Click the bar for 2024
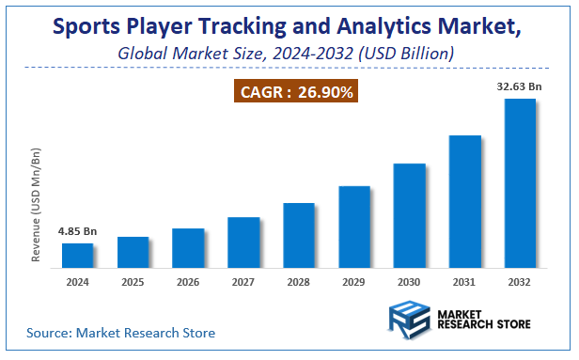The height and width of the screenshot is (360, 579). pyautogui.click(x=78, y=256)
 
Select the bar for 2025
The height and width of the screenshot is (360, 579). pyautogui.click(x=133, y=252)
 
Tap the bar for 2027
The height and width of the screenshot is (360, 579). pyautogui.click(x=243, y=243)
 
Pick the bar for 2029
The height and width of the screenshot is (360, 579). pyautogui.click(x=353, y=227)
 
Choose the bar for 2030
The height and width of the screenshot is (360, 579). pyautogui.click(x=409, y=215)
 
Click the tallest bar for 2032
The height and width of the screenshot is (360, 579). pyautogui.click(x=520, y=183)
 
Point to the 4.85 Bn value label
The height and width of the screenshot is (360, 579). pyautogui.click(x=78, y=230)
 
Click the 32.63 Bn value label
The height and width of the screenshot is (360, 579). pyautogui.click(x=519, y=86)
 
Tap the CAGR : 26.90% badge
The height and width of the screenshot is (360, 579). pyautogui.click(x=296, y=92)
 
